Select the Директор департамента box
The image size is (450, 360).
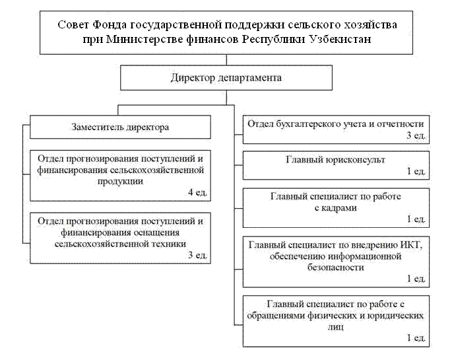coord(226,78)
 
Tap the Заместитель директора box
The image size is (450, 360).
coord(120,127)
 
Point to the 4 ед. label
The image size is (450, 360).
coord(197,192)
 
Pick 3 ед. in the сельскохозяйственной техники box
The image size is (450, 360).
coord(197,254)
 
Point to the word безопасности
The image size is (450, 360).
coord(335,268)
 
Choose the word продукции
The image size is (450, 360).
coord(120,181)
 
